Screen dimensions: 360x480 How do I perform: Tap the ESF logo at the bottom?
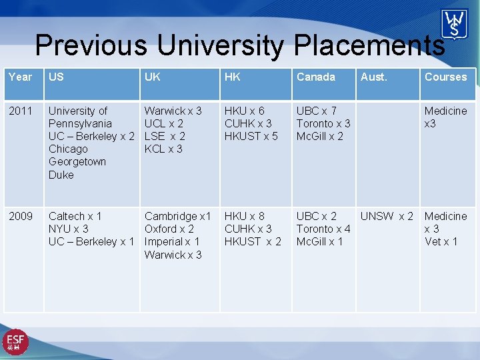(15, 342)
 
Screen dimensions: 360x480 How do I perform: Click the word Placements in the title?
(369, 45)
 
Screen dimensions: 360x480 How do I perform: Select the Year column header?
(20, 77)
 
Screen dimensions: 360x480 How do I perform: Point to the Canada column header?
(315, 77)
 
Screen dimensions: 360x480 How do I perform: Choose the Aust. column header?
(373, 77)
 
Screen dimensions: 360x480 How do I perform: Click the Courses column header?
(445, 77)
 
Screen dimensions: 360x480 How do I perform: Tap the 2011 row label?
(20, 111)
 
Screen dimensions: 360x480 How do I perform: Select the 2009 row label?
(20, 216)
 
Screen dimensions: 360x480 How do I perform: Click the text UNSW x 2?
(387, 216)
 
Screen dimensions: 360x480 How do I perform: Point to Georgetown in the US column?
(77, 162)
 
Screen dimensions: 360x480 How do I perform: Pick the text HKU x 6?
(244, 111)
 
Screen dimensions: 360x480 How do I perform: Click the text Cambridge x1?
(177, 216)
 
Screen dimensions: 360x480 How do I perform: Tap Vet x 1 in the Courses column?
(441, 241)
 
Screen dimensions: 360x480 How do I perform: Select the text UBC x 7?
(316, 111)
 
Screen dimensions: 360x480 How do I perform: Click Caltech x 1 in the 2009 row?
(75, 216)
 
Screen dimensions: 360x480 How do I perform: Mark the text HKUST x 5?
(251, 136)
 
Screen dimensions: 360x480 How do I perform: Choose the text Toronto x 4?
(323, 229)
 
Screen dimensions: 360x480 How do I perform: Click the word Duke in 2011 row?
(61, 175)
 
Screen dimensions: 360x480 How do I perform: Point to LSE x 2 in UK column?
(165, 136)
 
